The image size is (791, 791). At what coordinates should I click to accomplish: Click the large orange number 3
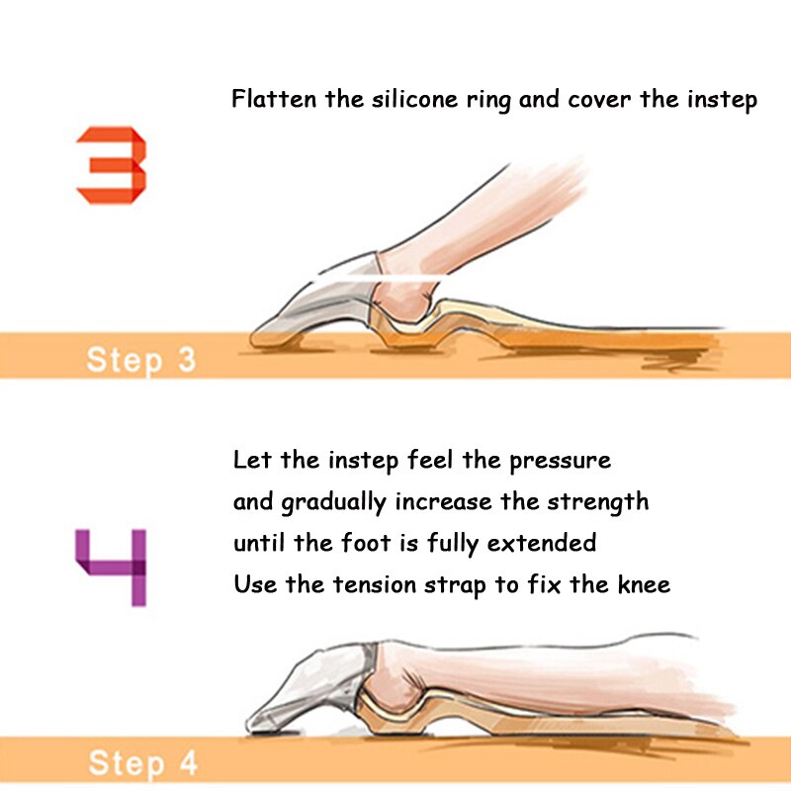pyautogui.click(x=112, y=165)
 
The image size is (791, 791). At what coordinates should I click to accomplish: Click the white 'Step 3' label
pyautogui.click(x=141, y=360)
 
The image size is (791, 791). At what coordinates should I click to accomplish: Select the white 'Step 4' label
pyautogui.click(x=142, y=762)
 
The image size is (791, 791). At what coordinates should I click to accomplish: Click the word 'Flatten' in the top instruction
pyautogui.click(x=274, y=98)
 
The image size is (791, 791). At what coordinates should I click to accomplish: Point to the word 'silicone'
pyautogui.click(x=414, y=98)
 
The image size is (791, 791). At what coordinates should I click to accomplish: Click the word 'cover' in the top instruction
pyautogui.click(x=599, y=100)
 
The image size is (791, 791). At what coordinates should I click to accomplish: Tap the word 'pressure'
pyautogui.click(x=560, y=462)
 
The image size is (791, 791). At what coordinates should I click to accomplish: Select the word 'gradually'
pyautogui.click(x=333, y=503)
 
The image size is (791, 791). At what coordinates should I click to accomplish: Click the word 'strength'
pyautogui.click(x=598, y=503)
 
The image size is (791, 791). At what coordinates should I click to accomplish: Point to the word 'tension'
pyautogui.click(x=375, y=584)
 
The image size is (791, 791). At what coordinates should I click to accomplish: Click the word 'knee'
pyautogui.click(x=645, y=584)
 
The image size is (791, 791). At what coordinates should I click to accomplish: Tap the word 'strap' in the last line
pyautogui.click(x=456, y=586)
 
